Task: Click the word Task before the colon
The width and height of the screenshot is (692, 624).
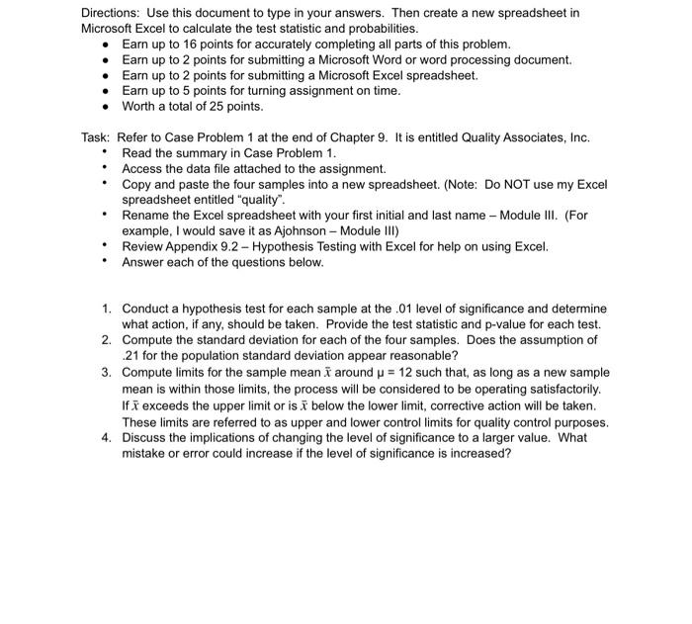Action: [x=94, y=137]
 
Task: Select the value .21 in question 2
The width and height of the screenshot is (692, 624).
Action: [x=133, y=355]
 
